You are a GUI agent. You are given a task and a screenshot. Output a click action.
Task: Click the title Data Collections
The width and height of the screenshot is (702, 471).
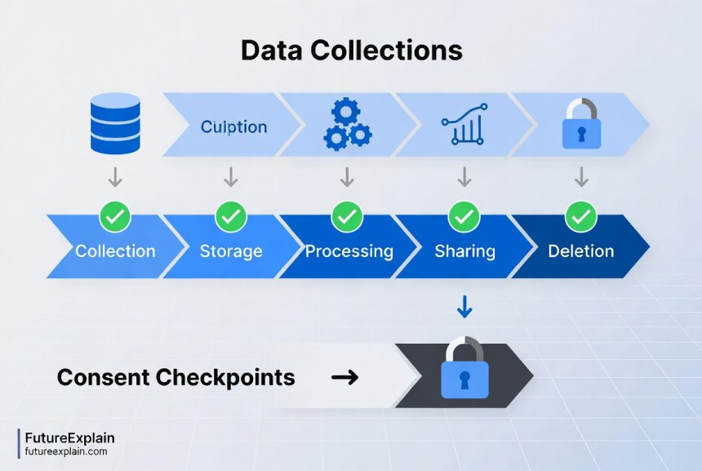tap(351, 51)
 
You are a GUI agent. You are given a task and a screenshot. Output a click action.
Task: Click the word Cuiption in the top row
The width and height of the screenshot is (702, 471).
tap(233, 127)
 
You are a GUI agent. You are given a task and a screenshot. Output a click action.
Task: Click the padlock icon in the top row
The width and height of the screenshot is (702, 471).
tap(581, 124)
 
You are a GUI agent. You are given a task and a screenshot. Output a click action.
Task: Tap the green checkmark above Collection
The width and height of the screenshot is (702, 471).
tap(115, 216)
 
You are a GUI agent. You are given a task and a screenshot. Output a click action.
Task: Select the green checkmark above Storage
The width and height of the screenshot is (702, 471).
tap(231, 216)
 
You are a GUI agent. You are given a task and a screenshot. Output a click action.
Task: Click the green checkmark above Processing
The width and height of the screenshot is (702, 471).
tap(348, 216)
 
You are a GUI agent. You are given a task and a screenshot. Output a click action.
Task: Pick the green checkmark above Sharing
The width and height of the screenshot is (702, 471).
tap(464, 216)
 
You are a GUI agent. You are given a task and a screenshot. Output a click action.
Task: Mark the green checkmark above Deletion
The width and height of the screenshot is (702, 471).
tap(581, 216)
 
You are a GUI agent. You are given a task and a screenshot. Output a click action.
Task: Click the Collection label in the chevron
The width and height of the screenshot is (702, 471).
tap(115, 251)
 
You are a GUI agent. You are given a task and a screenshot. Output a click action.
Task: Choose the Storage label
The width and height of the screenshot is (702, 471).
tap(231, 251)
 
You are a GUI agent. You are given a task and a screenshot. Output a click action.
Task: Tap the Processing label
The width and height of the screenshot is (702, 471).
tap(349, 251)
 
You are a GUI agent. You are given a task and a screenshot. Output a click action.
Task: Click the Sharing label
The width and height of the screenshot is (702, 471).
tap(464, 251)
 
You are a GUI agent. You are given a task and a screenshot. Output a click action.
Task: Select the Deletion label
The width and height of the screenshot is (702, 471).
tap(581, 251)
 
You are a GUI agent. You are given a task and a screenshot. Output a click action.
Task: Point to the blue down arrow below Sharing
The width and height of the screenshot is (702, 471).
tap(464, 307)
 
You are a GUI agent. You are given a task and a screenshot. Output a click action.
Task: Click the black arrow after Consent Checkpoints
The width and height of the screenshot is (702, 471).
tap(346, 377)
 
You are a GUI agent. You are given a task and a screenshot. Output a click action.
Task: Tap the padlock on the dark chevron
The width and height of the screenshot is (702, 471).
tap(464, 371)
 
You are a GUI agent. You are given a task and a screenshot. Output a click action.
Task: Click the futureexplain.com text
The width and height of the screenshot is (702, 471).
tap(66, 451)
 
